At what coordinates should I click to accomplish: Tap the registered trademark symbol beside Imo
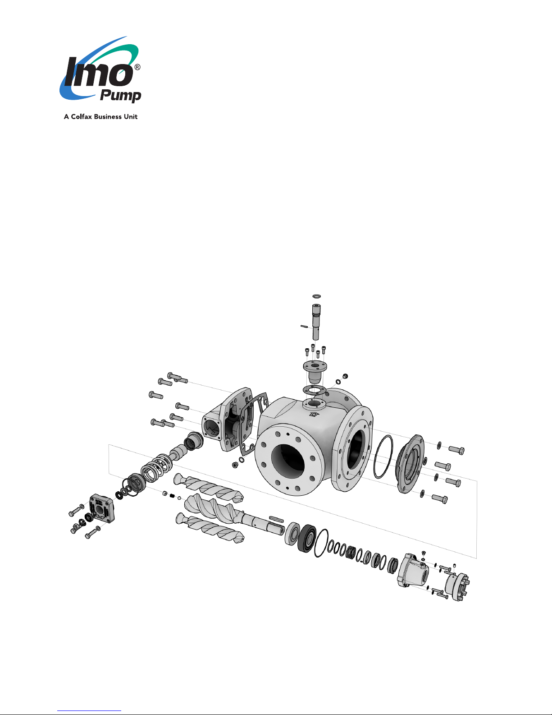[x=137, y=67]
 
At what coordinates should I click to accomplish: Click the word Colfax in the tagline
[x=82, y=116]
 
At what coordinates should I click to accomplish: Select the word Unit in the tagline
[x=131, y=116]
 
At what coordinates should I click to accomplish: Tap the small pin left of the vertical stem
[x=304, y=327]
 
